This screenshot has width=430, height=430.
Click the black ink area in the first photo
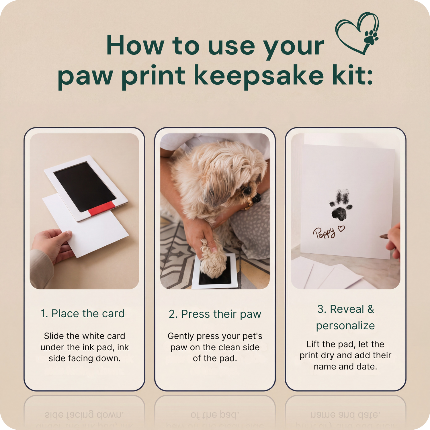85,187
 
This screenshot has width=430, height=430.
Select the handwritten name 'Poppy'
324,233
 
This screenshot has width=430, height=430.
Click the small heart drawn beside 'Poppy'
341,228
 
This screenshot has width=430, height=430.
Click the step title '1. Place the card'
83,314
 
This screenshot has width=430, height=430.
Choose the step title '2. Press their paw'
215,314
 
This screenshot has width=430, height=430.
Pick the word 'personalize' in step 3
345,326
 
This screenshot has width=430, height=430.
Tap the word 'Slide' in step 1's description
54,336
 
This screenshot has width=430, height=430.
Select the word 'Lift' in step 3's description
313,344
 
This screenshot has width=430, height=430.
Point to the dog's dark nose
257,198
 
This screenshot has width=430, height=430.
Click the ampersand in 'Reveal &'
371,309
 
